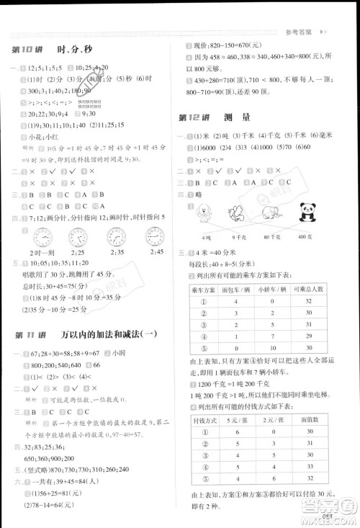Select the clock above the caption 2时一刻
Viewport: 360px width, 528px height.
click(x=40, y=237)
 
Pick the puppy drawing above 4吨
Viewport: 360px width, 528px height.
click(x=207, y=214)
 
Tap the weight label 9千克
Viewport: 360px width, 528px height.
click(x=239, y=237)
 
